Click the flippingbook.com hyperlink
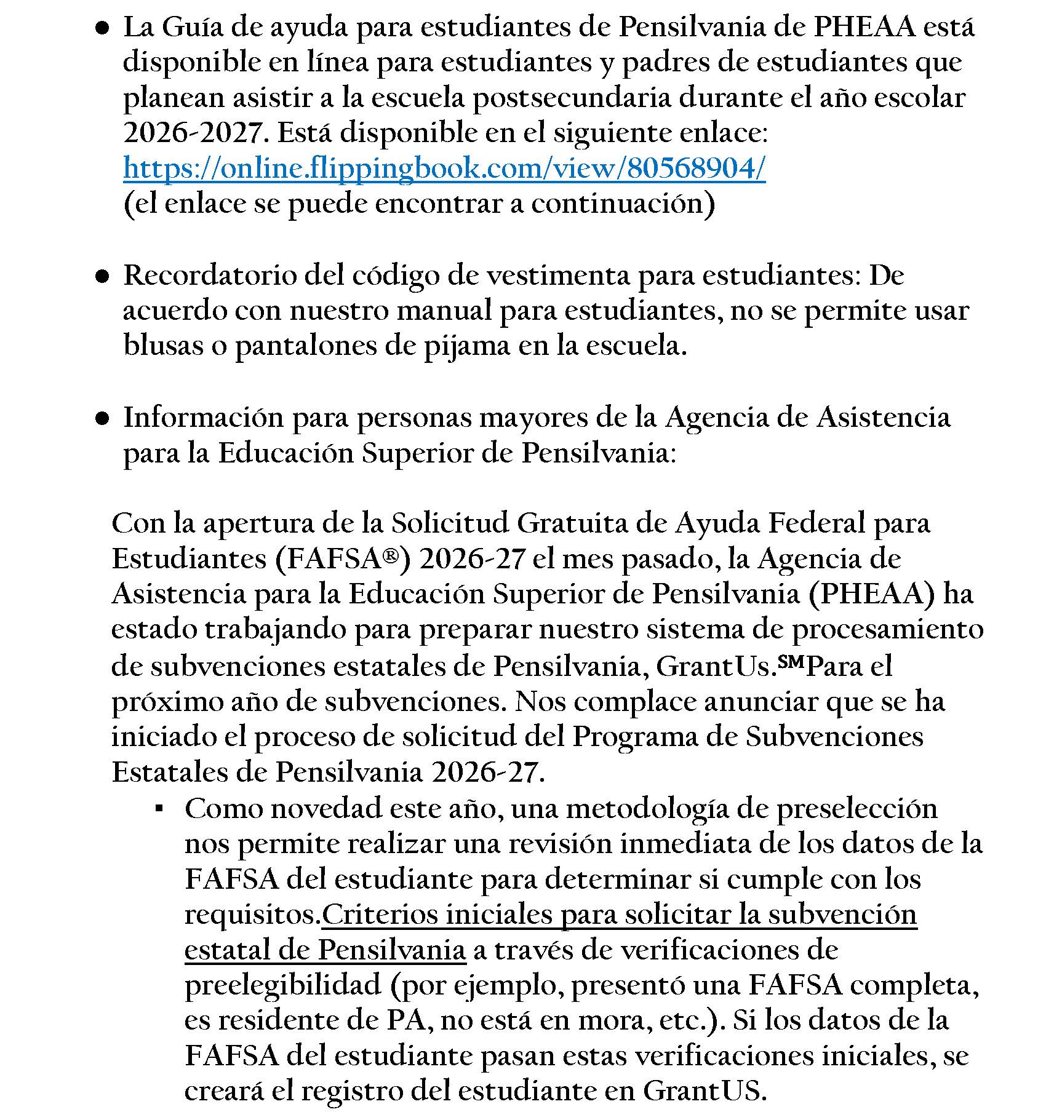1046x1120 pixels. click(444, 168)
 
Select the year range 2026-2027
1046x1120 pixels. click(192, 133)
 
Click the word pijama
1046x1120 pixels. click(466, 346)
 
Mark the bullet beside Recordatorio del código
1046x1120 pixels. click(103, 277)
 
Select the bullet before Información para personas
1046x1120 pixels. click(103, 419)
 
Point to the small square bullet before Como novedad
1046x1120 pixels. click(159, 809)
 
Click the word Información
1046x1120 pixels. click(203, 418)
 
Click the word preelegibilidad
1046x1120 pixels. click(283, 985)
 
